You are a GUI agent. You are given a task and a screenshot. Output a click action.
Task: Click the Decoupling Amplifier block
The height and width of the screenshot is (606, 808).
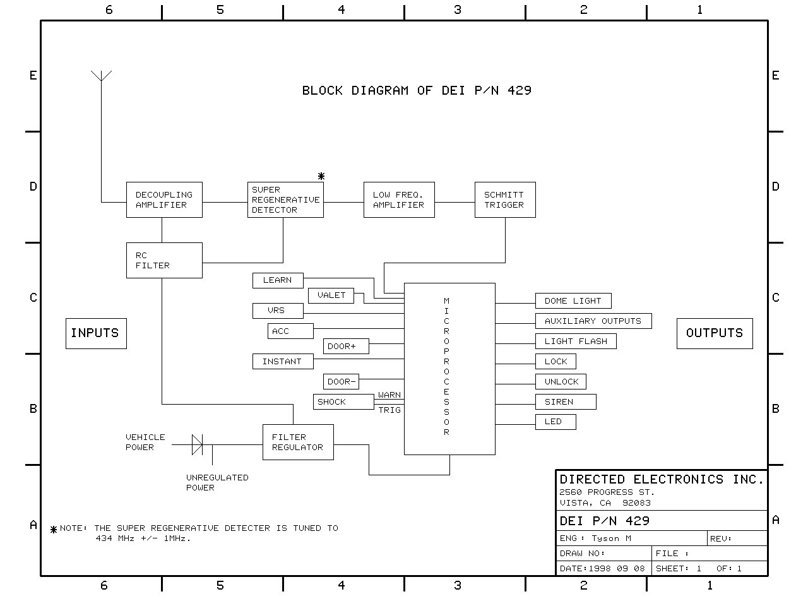[164, 200]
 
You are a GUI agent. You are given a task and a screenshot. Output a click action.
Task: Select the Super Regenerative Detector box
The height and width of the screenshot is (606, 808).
[285, 200]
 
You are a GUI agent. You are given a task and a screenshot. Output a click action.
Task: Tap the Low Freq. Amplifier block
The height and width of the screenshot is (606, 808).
[399, 200]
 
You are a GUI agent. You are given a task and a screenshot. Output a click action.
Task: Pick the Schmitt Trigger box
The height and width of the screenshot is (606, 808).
[505, 200]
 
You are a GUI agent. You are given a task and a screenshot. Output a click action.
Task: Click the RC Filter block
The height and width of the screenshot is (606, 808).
[164, 260]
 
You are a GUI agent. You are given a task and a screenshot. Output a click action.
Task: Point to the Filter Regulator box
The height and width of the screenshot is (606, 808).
[298, 442]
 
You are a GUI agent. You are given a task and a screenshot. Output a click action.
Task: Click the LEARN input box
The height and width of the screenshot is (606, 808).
[278, 280]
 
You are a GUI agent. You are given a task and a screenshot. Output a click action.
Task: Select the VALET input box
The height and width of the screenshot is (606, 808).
[331, 295]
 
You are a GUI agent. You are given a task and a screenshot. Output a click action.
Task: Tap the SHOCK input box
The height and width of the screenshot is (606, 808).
[344, 401]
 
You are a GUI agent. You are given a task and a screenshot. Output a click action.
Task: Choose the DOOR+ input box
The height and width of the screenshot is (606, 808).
[346, 346]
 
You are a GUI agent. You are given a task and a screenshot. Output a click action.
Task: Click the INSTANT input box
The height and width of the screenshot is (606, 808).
[282, 361]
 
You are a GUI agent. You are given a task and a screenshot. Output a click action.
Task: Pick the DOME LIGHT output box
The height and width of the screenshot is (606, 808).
[573, 300]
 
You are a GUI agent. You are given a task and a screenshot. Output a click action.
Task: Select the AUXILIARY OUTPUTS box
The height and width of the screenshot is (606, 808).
[593, 321]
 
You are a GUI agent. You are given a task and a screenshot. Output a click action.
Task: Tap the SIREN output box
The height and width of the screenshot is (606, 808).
[566, 401]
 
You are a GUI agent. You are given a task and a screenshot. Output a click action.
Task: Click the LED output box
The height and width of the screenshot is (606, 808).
[555, 422]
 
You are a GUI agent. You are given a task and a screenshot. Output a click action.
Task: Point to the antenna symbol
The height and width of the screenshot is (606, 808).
[101, 77]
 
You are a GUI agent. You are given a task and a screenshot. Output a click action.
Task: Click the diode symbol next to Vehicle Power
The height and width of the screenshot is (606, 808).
[197, 444]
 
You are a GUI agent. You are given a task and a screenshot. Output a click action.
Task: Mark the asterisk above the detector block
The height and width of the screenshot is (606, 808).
[321, 176]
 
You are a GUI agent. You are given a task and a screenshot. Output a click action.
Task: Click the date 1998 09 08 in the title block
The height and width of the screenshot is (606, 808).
[617, 568]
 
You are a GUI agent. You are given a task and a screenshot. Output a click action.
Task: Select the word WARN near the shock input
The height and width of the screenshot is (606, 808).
[389, 395]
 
